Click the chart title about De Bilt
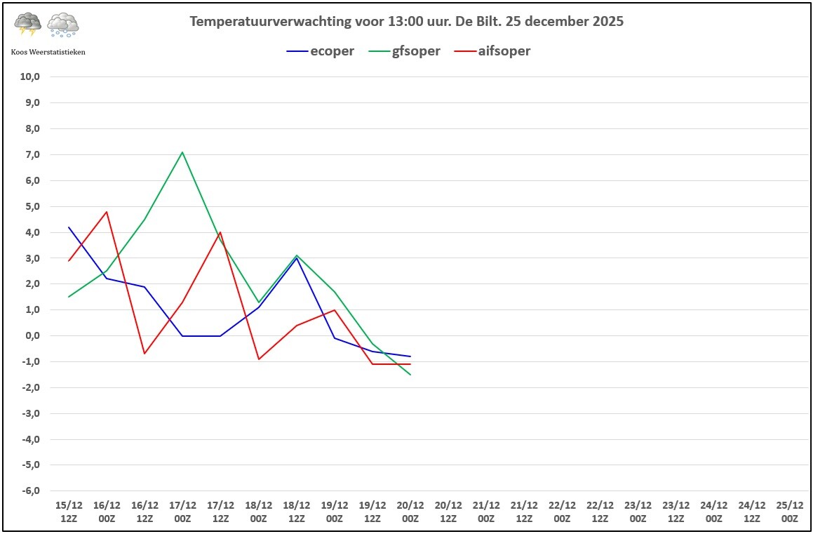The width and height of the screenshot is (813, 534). tap(406, 22)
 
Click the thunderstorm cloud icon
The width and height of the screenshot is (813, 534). tap(28, 25)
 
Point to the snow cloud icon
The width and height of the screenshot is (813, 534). tap(62, 25)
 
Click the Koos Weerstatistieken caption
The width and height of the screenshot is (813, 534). tap(48, 52)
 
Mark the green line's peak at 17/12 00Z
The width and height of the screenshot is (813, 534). tap(182, 152)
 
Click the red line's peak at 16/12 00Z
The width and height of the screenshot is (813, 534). tap(107, 211)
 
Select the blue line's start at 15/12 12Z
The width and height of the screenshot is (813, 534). tap(69, 227)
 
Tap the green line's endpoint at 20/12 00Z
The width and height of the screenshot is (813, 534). tap(410, 375)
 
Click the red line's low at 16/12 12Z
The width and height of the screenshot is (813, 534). tap(145, 354)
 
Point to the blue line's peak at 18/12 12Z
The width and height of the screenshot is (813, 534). tap(297, 258)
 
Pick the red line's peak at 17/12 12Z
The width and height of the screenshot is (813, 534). tap(220, 232)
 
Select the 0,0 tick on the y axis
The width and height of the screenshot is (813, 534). tap(31, 335)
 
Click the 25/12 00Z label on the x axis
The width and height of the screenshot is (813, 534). tap(790, 512)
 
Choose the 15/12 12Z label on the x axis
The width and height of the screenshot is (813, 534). tap(69, 512)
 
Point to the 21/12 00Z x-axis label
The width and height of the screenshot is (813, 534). tap(486, 512)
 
